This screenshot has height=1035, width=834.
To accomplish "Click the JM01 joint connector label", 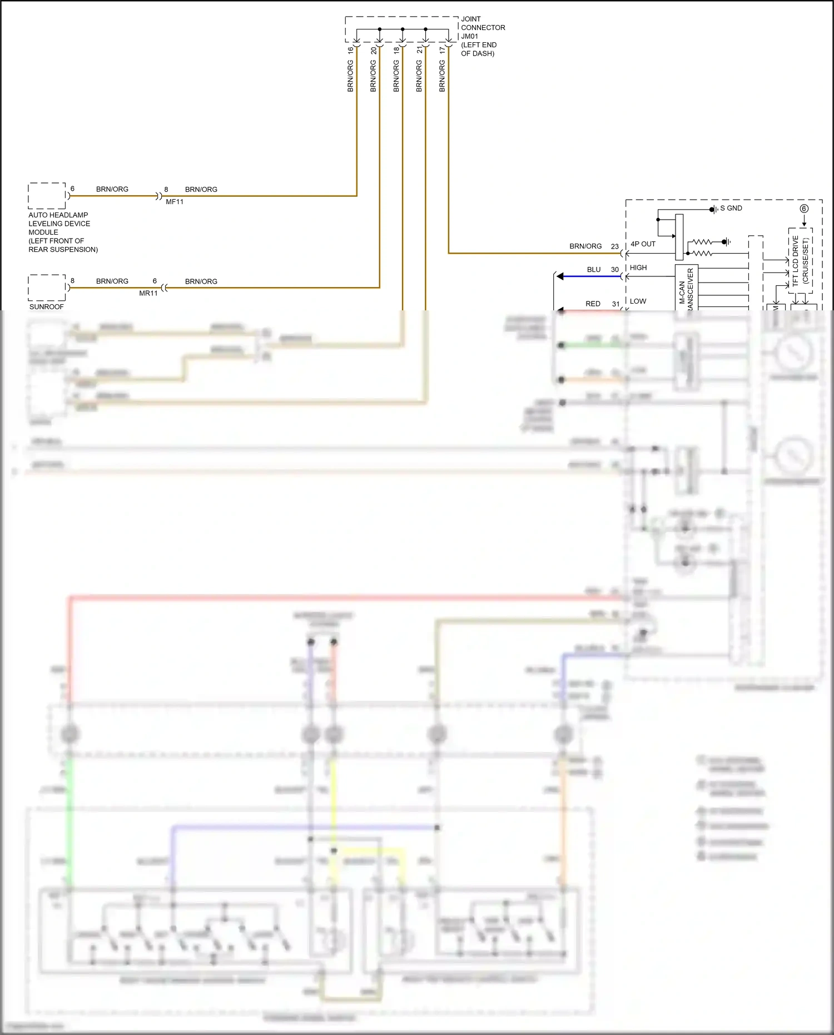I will pyautogui.click(x=470, y=36).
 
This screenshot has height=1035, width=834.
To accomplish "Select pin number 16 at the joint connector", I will pyautogui.click(x=350, y=50).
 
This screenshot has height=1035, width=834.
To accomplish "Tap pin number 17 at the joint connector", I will pyautogui.click(x=442, y=50).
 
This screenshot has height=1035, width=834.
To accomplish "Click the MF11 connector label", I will pyautogui.click(x=175, y=202).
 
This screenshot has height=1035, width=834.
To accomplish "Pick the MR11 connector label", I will pyautogui.click(x=148, y=293).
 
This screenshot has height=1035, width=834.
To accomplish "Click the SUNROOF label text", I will pyautogui.click(x=47, y=306).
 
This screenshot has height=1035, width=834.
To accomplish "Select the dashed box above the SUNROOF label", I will pyautogui.click(x=47, y=288).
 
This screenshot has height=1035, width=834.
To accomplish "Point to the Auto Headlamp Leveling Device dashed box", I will pyautogui.click(x=47, y=196).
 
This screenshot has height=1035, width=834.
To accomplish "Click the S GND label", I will pyautogui.click(x=731, y=208).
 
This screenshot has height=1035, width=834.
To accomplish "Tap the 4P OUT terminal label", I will pyautogui.click(x=643, y=244).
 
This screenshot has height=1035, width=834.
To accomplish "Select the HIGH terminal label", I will pyautogui.click(x=638, y=268).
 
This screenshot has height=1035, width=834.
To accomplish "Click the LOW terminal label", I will pyautogui.click(x=638, y=301).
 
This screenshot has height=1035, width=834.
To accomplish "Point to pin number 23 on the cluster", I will pyautogui.click(x=615, y=246).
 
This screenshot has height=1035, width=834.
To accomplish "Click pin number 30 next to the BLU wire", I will pyautogui.click(x=615, y=269).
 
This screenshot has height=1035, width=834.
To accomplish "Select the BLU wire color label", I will pyautogui.click(x=594, y=269).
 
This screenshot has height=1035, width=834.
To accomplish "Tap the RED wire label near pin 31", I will pyautogui.click(x=593, y=304).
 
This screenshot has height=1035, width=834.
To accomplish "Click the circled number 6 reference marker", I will pyautogui.click(x=804, y=209).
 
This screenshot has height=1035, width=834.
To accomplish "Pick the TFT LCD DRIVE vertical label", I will pyautogui.click(x=796, y=261).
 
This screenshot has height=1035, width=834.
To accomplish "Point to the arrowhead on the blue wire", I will pyautogui.click(x=560, y=276).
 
